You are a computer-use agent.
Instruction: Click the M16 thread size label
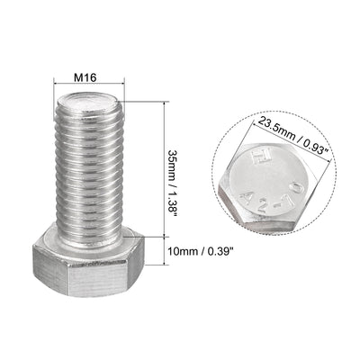(85, 78)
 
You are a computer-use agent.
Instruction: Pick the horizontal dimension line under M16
(86, 89)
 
